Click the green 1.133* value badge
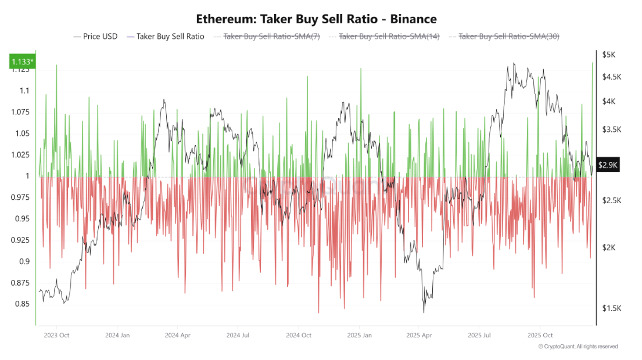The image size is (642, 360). pyautogui.click(x=22, y=62)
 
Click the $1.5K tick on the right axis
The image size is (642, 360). pyautogui.click(x=611, y=308)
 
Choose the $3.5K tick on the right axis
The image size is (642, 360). pyautogui.click(x=611, y=129)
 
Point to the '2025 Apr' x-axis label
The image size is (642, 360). pyautogui.click(x=419, y=335)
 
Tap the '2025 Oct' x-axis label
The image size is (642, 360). pyautogui.click(x=540, y=335)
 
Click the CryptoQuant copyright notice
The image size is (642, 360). pyautogui.click(x=578, y=347)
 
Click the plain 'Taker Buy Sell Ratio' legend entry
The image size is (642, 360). pyautogui.click(x=170, y=37)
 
